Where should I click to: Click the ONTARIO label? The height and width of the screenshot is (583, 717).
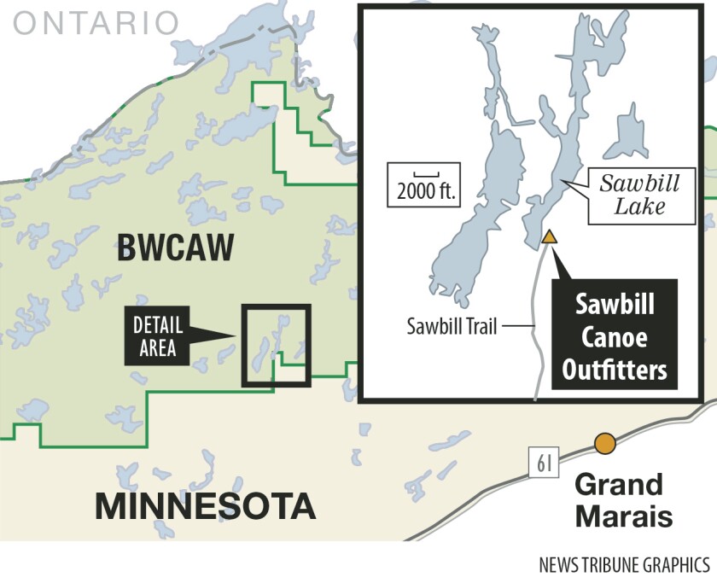(x=96, y=23)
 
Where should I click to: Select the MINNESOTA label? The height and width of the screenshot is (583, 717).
(x=205, y=504)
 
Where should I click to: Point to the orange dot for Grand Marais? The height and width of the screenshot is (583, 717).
(x=605, y=444)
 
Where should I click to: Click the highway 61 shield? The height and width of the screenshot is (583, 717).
(x=544, y=463)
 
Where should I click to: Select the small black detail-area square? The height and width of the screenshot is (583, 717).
(x=276, y=345)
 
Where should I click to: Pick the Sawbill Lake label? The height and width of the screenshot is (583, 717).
(x=632, y=195)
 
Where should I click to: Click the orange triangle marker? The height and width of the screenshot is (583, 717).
(x=551, y=237)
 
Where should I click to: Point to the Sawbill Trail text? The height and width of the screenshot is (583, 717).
(x=452, y=325)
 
